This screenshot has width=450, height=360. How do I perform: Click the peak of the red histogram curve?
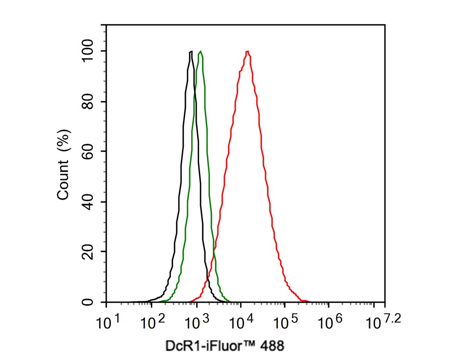[247, 51]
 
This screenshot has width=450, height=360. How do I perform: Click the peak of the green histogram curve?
[200, 51]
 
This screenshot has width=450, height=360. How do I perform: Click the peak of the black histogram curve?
[191, 51]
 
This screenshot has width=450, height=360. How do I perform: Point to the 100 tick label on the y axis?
[88, 51]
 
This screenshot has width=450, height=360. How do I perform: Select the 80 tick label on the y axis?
[88, 102]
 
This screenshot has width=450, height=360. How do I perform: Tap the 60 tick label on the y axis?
[88, 151]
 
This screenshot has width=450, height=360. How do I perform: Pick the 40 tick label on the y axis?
[88, 202]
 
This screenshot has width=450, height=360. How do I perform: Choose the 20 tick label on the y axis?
[88, 252]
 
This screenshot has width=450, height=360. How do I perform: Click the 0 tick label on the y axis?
[88, 302]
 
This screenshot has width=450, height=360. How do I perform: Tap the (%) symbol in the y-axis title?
[63, 141]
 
